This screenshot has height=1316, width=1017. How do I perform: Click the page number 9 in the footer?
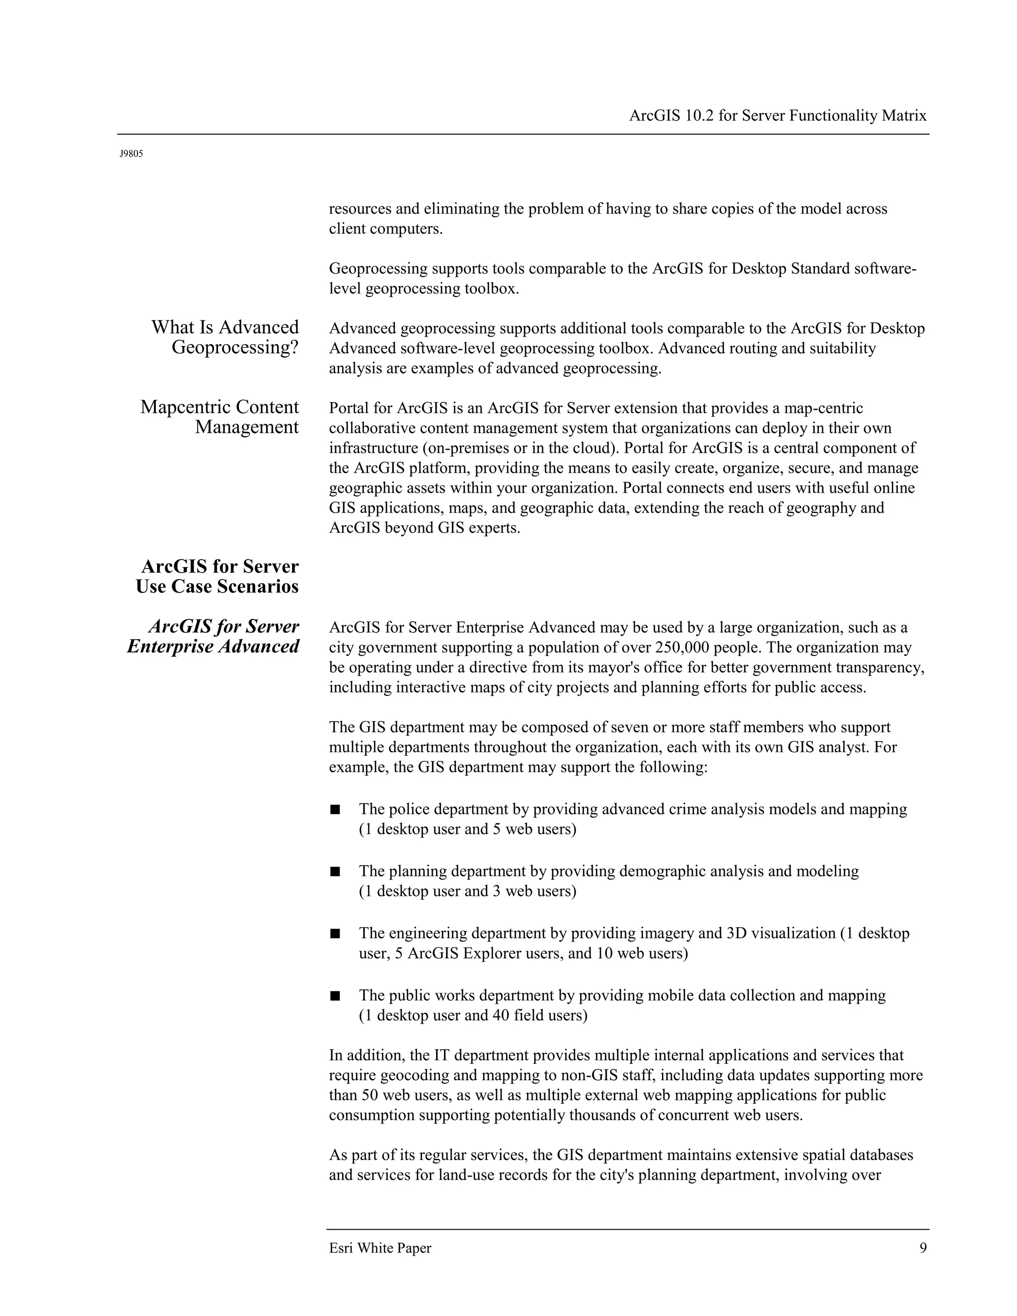[923, 1248]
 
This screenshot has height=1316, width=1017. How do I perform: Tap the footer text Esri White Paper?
[380, 1248]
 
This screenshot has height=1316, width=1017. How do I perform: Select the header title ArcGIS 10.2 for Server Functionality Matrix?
[777, 116]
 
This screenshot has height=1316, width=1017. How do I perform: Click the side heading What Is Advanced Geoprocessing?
[225, 337]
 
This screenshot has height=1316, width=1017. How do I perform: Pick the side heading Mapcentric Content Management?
[220, 417]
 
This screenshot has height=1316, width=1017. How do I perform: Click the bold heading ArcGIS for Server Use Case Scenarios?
[218, 576]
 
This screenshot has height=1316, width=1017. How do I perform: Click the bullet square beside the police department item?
[335, 809]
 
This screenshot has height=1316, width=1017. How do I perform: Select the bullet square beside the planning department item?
[335, 872]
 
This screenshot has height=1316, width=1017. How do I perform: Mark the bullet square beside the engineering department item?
[335, 934]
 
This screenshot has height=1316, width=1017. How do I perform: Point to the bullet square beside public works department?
[335, 995]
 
